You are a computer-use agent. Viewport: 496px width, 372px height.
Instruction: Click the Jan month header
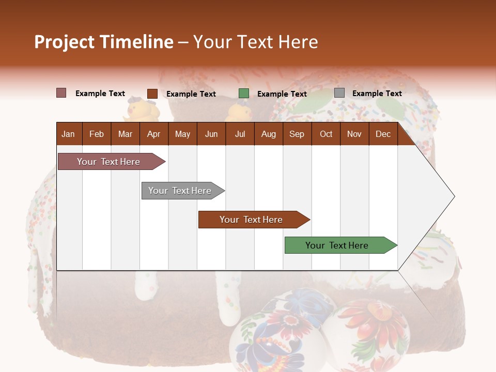pos(68,134)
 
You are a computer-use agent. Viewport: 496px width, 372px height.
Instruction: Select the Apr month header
pos(153,134)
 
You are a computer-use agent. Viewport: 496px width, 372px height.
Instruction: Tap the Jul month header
pos(240,134)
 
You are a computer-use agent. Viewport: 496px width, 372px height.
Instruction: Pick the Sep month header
pos(297,134)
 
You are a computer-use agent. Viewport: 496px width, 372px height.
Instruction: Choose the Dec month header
pos(383,134)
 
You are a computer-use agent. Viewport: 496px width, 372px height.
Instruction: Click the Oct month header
pos(326,134)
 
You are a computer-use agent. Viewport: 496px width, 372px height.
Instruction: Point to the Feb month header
pos(97,134)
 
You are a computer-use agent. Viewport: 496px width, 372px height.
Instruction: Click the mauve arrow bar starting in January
pos(109,162)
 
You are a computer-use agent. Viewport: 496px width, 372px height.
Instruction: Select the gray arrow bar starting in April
pos(180,191)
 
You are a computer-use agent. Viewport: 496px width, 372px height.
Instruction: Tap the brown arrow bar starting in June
pos(251,220)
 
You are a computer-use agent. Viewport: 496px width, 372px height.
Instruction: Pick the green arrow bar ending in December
pos(337,245)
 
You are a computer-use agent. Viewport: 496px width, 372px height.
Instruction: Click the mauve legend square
pos(61,93)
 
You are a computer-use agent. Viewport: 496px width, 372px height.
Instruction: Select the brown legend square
pos(152,94)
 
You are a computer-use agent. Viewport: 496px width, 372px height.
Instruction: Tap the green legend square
pos(244,94)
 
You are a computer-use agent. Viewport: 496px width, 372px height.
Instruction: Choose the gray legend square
pos(339,93)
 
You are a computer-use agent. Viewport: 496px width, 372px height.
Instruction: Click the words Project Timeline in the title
pos(103,42)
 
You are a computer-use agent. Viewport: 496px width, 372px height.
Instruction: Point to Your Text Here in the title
pos(255,42)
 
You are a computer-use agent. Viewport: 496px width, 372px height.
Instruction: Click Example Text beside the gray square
pos(377,94)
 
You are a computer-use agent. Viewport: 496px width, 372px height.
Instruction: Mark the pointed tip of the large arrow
pos(453,196)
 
